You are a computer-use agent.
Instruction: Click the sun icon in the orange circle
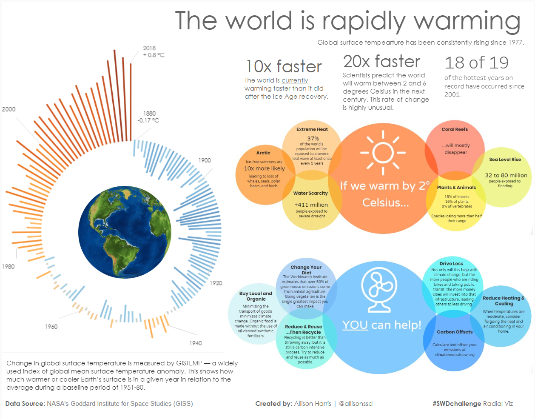pyautogui.click(x=383, y=152)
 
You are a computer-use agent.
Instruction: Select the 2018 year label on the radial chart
pyautogui.click(x=149, y=48)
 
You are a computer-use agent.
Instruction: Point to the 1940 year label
pyautogui.click(x=196, y=343)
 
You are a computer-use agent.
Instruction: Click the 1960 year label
pyautogui.click(x=51, y=326)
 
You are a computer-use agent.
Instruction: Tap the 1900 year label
pyautogui.click(x=205, y=160)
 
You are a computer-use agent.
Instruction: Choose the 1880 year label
pyautogui.click(x=149, y=114)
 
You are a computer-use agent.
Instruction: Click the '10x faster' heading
pyautogui.click(x=284, y=66)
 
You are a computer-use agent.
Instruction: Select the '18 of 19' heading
pyautogui.click(x=476, y=63)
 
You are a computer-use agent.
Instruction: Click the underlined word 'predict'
pyautogui.click(x=383, y=75)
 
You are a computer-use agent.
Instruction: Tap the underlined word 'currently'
pyautogui.click(x=295, y=80)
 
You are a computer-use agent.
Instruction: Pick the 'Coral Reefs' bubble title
pyautogui.click(x=455, y=129)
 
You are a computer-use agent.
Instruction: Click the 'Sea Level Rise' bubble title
pyautogui.click(x=505, y=160)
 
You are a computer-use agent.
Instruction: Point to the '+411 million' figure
pyautogui.click(x=311, y=205)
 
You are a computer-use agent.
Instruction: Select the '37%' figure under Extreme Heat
pyautogui.click(x=313, y=138)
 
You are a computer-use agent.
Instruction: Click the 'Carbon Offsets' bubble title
pyautogui.click(x=455, y=332)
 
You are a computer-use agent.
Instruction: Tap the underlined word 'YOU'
pyautogui.click(x=355, y=325)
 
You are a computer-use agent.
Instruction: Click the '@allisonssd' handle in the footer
pyautogui.click(x=356, y=404)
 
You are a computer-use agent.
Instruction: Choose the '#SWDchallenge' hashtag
pyautogui.click(x=457, y=404)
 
